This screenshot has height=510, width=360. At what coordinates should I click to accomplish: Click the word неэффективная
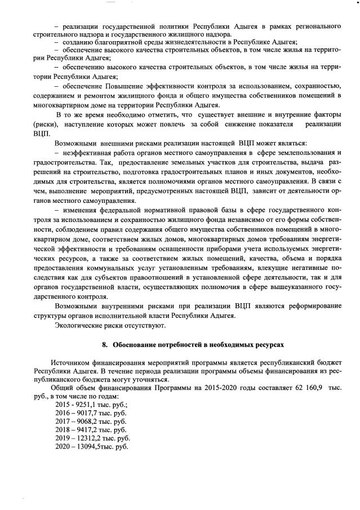91,153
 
